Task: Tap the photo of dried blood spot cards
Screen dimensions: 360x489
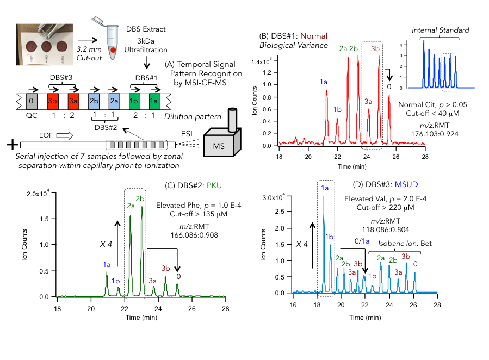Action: [41, 41]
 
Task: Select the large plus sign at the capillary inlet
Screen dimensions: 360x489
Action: [10, 145]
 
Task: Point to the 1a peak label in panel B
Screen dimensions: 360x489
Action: [324, 82]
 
